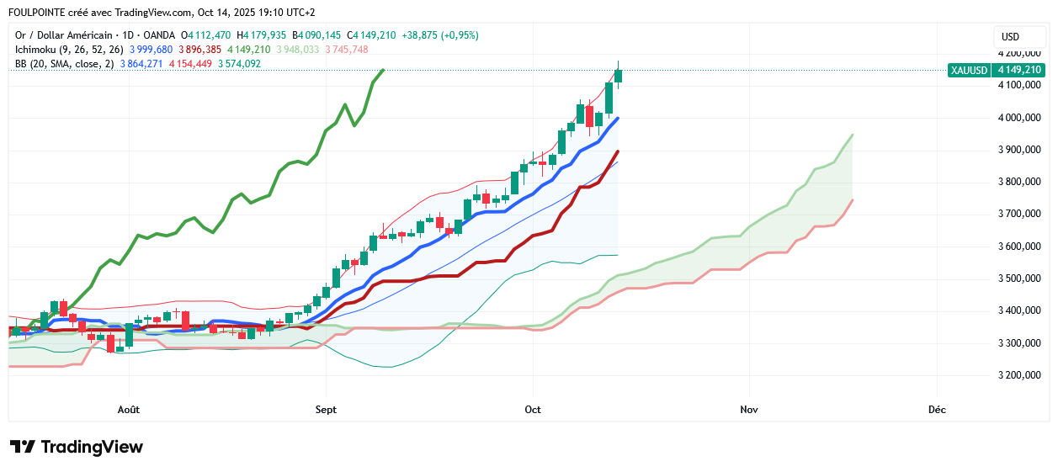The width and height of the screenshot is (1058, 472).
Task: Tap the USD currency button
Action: (1010, 36)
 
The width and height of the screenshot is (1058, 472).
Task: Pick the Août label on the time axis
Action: (129, 410)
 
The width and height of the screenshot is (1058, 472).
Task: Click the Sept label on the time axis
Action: (326, 410)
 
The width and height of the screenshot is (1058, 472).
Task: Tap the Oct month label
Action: (532, 410)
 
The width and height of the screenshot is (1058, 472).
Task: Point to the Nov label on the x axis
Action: (749, 410)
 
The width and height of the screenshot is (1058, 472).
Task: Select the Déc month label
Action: (937, 410)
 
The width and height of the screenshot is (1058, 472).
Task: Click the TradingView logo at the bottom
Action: (77, 447)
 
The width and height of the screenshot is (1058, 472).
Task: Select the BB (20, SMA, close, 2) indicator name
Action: (64, 64)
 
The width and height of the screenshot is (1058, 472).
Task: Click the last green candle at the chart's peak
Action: (619, 76)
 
